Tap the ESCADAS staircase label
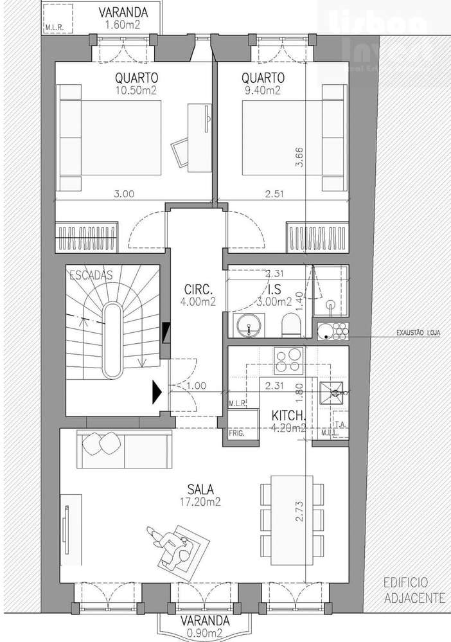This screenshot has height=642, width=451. (x=91, y=275)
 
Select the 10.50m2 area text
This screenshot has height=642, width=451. (x=136, y=91)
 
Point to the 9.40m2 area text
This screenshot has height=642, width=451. (x=262, y=91)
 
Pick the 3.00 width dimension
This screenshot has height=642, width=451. (x=124, y=193)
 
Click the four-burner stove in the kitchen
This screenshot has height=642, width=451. (x=289, y=360)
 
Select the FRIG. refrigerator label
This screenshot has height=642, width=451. (x=235, y=434)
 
